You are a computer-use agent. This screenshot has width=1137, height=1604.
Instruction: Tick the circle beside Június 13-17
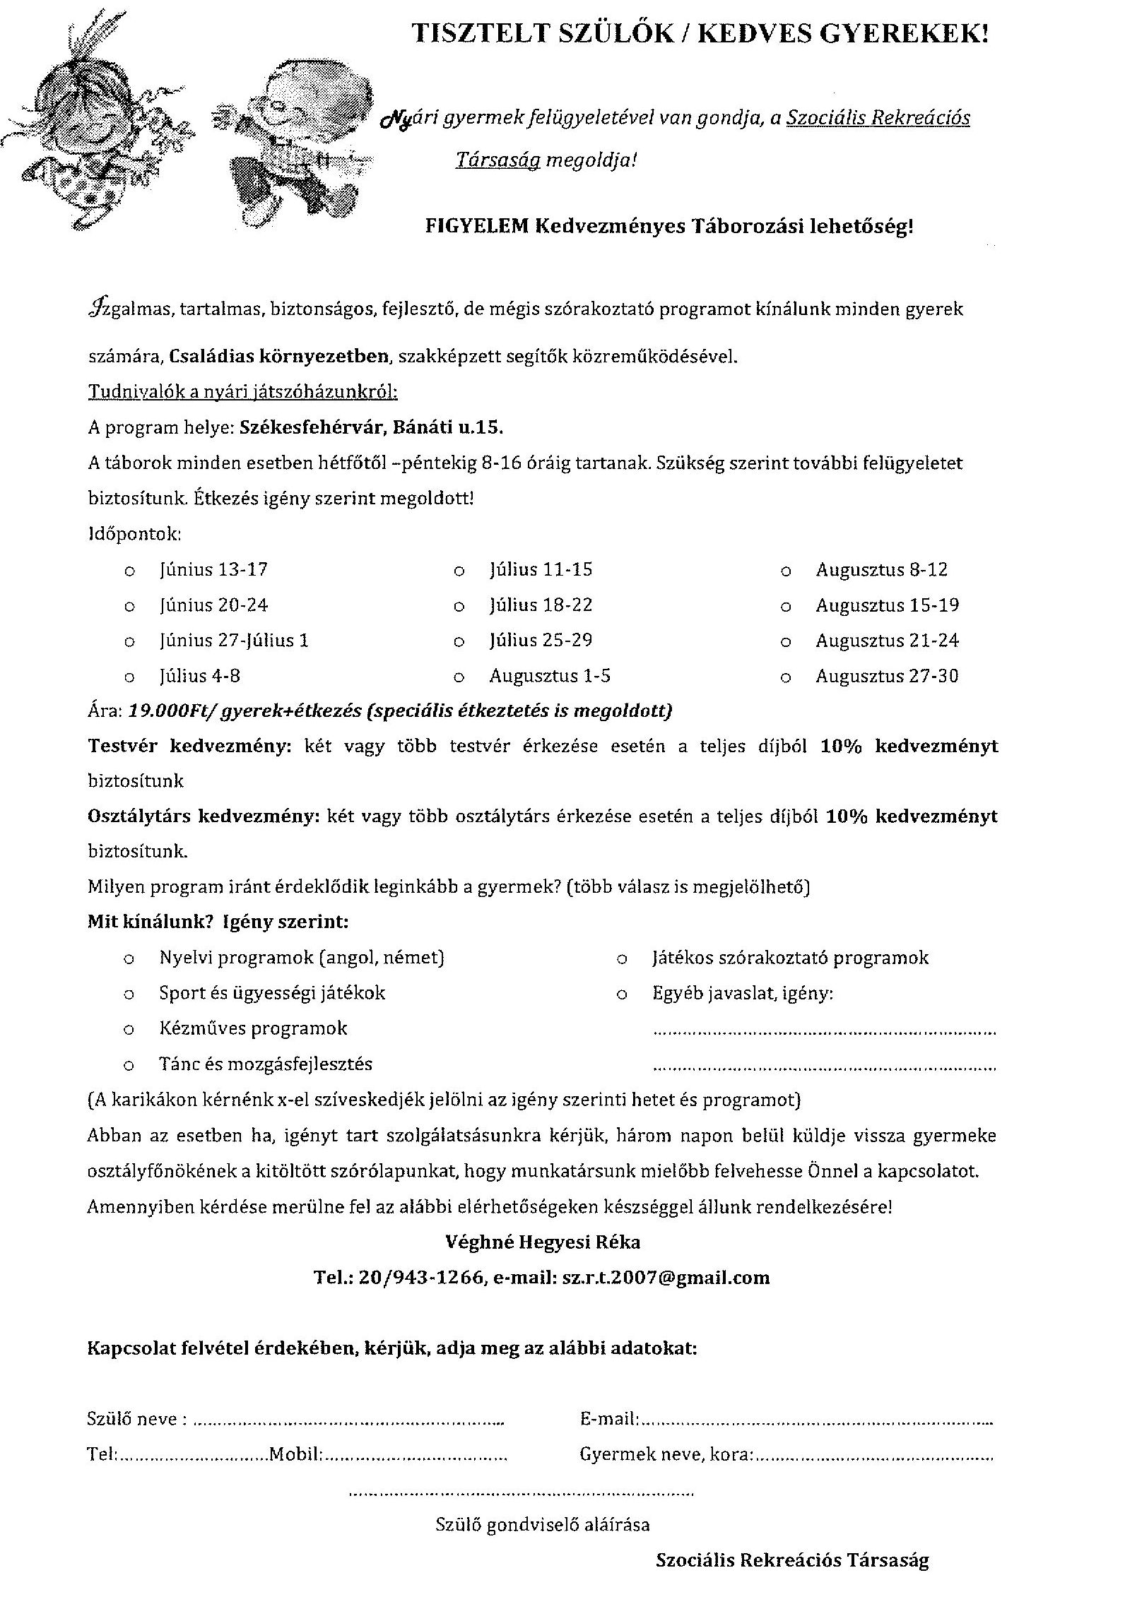(129, 571)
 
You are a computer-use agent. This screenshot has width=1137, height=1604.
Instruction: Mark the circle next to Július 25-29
(459, 642)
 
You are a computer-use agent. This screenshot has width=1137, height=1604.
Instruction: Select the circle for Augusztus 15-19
(785, 607)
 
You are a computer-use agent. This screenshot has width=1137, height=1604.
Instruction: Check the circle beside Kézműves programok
(129, 1030)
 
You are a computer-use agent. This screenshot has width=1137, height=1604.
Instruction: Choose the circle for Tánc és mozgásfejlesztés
(129, 1065)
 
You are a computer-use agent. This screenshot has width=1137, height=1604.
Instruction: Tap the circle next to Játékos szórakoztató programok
(622, 959)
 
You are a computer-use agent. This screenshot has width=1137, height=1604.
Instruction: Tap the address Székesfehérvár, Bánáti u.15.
(372, 427)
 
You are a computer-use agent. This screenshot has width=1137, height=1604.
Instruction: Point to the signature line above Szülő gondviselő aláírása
(522, 1493)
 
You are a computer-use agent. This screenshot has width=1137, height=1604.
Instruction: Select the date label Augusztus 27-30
(887, 677)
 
